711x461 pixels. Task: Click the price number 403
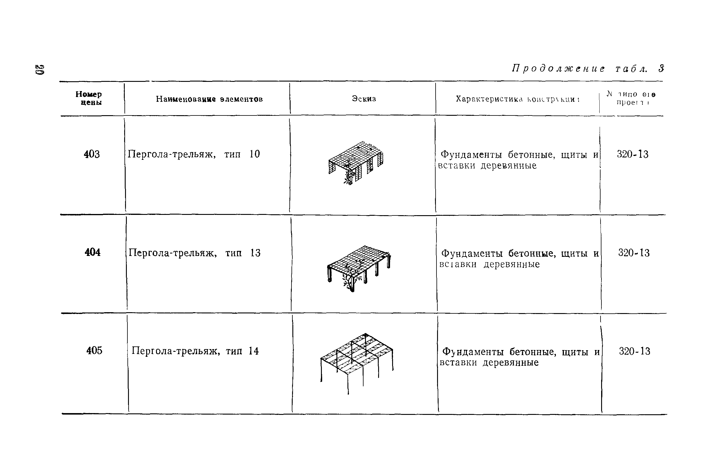point(91,154)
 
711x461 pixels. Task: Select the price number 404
point(92,253)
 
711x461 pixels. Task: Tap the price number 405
point(94,351)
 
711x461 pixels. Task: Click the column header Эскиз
point(364,99)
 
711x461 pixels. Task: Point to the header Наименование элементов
point(209,99)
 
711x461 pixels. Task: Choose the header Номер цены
point(89,98)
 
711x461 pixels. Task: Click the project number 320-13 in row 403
point(632,154)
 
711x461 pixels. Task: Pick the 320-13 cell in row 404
point(634,253)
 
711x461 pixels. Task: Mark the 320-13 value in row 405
point(634,351)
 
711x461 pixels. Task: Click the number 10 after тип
point(255,154)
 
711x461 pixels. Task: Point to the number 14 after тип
point(253,351)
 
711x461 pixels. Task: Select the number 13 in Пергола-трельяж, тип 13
point(255,253)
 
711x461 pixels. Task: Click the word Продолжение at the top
point(558,69)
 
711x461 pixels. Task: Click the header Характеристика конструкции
point(517,99)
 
